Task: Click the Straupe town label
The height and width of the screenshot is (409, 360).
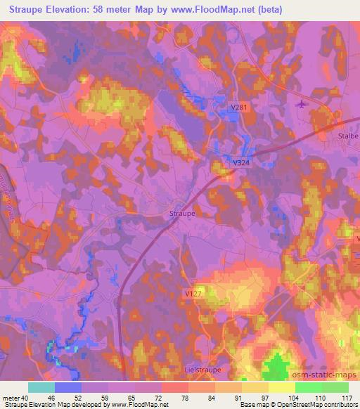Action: click(182, 212)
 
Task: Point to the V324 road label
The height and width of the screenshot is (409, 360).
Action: click(241, 162)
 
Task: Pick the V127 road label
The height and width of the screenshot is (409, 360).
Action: click(195, 293)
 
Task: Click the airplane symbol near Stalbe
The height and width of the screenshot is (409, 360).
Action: click(302, 105)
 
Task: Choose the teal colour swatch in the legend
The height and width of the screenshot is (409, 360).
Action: click(41, 387)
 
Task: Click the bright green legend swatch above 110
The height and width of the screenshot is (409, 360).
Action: click(309, 387)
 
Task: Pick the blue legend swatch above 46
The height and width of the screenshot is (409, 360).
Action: click(68, 387)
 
